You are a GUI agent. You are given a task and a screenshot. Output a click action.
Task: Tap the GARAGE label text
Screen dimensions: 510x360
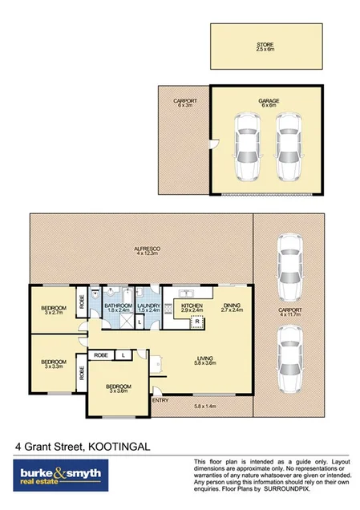click(x=268, y=102)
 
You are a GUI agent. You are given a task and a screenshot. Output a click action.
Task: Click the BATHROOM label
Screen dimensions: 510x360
click(x=118, y=306)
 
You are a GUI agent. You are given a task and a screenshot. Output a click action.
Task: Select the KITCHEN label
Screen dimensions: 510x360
click(x=191, y=306)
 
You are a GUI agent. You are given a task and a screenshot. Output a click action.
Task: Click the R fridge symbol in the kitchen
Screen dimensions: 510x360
click(x=197, y=324)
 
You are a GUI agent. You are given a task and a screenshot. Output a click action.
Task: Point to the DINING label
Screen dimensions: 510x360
click(x=232, y=306)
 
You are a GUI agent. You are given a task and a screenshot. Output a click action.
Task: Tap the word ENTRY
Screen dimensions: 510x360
click(x=160, y=399)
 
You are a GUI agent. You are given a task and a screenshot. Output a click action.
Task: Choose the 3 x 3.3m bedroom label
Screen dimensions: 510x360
click(x=53, y=362)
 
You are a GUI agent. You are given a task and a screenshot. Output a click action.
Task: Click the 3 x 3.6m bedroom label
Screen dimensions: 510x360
click(x=118, y=389)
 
